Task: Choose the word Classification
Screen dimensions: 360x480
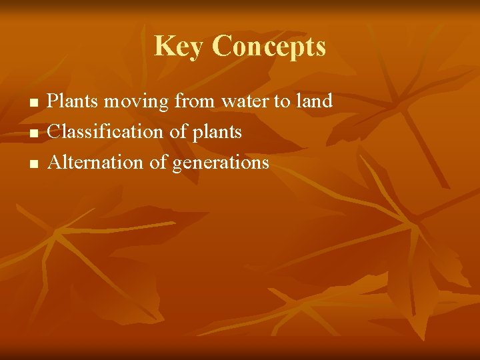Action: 106,132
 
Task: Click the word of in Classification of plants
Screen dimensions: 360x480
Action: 177,132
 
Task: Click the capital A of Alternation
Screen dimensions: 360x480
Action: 54,162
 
